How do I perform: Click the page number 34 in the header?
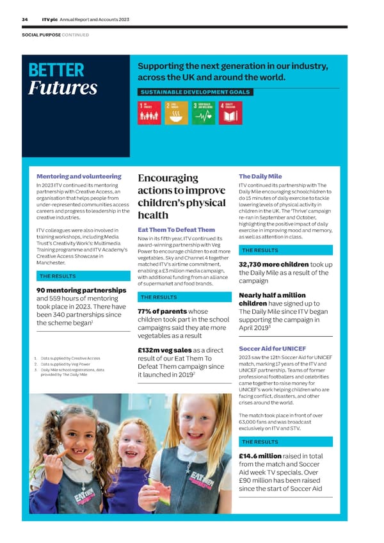[x=24, y=20]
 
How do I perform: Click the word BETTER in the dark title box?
[x=56, y=70]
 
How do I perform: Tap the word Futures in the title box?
[x=63, y=88]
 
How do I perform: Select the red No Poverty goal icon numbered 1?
[x=149, y=113]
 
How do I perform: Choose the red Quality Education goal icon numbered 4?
[x=229, y=113]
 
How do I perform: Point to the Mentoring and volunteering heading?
[x=79, y=176]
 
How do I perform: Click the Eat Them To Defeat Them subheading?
[x=176, y=230]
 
